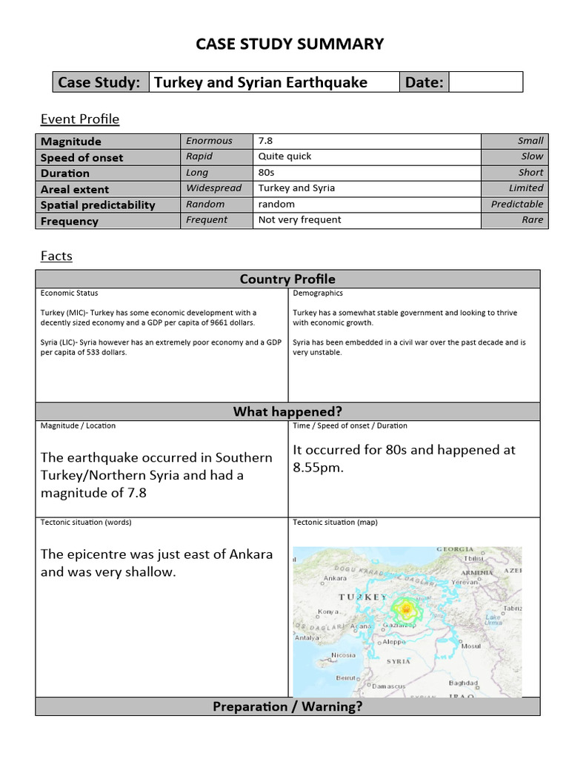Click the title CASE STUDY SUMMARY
coord(290,44)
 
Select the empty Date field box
coord(485,82)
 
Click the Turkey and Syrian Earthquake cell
coord(260,82)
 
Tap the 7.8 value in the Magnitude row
coord(265,141)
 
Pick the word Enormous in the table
coord(209,141)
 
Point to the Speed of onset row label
coord(81,157)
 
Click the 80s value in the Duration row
coord(267,173)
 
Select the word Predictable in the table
coord(516,204)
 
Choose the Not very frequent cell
coord(299,220)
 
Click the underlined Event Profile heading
coord(79,119)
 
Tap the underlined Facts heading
coord(56,256)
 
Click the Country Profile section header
coord(287,279)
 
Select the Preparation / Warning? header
coord(287,706)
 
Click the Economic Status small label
coord(69,294)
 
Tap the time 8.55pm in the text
coord(319,468)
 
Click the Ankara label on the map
coord(336,578)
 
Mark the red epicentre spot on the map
coord(405,609)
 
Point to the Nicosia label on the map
coord(343,655)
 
